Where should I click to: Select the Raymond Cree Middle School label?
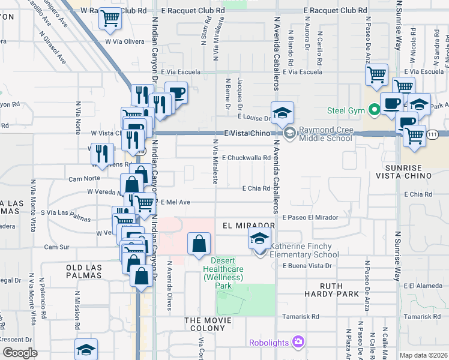pyautogui.click(x=326, y=134)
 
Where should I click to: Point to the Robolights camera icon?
pyautogui.click(x=298, y=342)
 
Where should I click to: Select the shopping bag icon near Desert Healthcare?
pyautogui.click(x=199, y=245)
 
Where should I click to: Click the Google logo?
pyautogui.click(x=20, y=353)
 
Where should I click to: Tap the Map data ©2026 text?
pyautogui.click(x=424, y=355)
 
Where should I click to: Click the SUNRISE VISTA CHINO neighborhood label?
pyautogui.click(x=403, y=170)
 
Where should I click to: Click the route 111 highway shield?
pyautogui.click(x=432, y=135)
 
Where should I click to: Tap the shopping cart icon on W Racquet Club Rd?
pyautogui.click(x=109, y=20)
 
